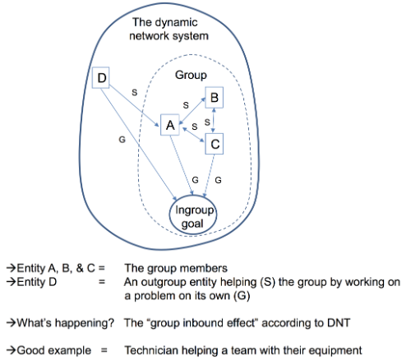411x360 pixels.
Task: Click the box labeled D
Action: pos(100,77)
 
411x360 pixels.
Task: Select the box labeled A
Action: pos(170,125)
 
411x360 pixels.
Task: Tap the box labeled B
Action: pos(215,98)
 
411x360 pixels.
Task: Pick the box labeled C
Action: pos(215,144)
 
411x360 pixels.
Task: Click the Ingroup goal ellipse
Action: pos(193,215)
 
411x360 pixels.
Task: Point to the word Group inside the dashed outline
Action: pos(191,75)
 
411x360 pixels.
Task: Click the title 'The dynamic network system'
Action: pos(169,29)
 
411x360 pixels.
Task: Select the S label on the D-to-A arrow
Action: pos(134,92)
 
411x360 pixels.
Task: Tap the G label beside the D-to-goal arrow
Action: pos(122,140)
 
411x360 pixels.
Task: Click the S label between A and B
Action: pos(186,105)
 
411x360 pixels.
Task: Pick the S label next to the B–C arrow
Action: pos(207,122)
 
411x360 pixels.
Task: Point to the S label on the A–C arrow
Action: pos(195,127)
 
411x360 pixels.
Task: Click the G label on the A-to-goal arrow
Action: pos(195,180)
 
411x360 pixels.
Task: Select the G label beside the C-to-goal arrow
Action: pos(218,180)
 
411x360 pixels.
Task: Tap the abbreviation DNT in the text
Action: pos(339,323)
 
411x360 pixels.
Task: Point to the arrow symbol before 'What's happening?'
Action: pos(12,323)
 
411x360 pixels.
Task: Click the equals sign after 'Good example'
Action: pos(104,350)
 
